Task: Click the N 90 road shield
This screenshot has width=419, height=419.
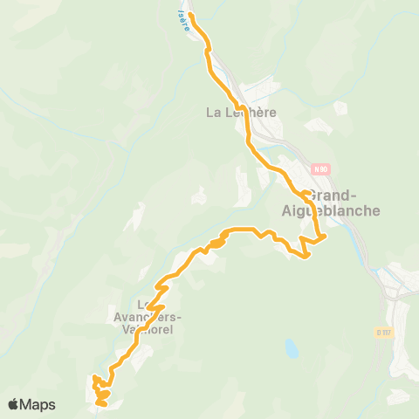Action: point(320,168)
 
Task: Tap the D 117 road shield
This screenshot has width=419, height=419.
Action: point(385,332)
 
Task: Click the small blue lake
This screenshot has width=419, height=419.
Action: point(290,349)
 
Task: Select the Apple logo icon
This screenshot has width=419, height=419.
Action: point(15,404)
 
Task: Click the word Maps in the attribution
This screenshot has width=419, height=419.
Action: point(38,404)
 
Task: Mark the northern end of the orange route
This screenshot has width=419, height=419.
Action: point(191,15)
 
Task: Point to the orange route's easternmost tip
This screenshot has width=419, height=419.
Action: point(326,235)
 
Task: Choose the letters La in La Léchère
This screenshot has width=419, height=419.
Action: point(213,112)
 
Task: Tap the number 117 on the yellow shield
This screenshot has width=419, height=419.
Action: point(388,332)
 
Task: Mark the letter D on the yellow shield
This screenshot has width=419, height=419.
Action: point(379,332)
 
